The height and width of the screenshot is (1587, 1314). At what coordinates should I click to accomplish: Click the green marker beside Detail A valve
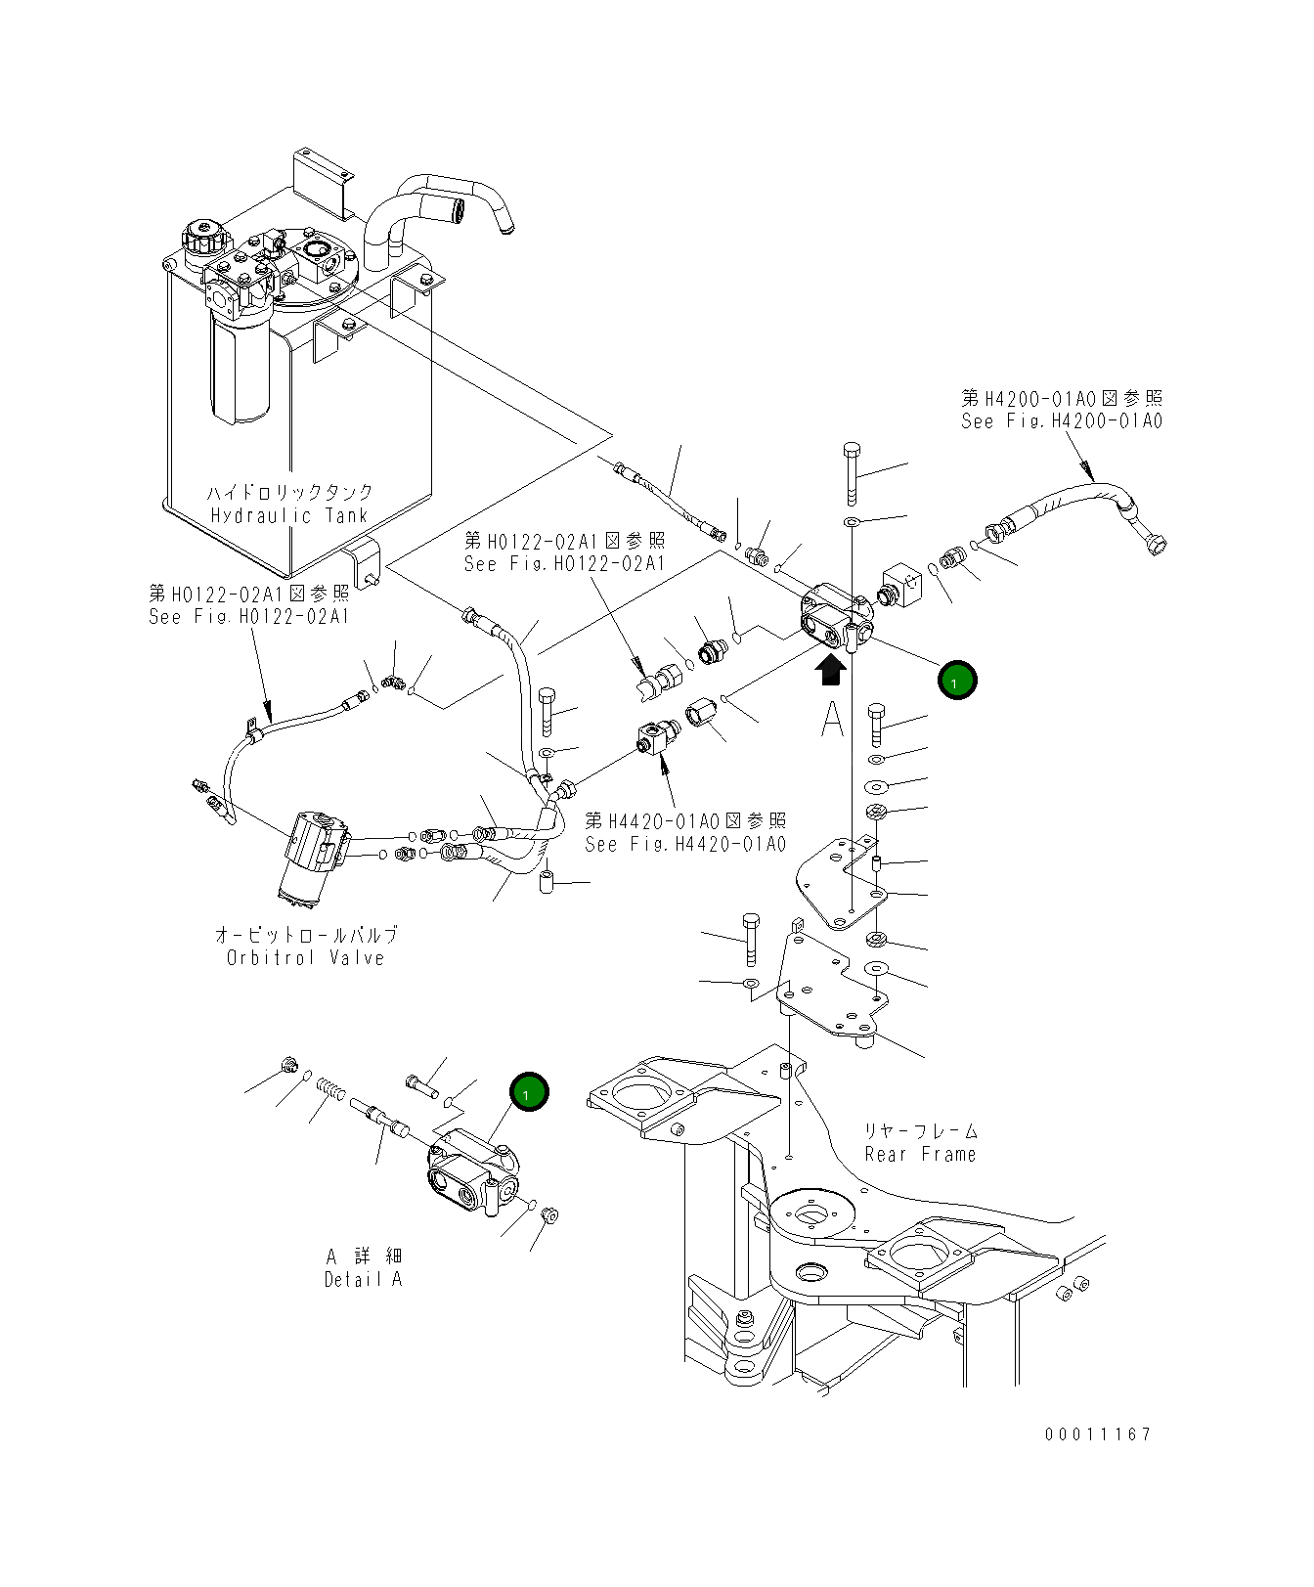pyautogui.click(x=528, y=1092)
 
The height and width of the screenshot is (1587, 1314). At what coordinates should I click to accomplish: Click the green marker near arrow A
pyautogui.click(x=956, y=680)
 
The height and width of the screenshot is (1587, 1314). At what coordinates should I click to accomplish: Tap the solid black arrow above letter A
pyautogui.click(x=831, y=671)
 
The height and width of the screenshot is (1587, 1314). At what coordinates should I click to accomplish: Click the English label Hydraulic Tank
pyautogui.click(x=289, y=516)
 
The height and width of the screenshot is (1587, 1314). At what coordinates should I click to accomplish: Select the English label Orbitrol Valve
pyautogui.click(x=305, y=958)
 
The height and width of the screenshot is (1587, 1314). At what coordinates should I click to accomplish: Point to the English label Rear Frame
pyautogui.click(x=920, y=1155)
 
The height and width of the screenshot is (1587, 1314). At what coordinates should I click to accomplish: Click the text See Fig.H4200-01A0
pyautogui.click(x=1061, y=421)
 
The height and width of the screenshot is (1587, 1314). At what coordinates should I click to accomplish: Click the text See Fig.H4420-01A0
pyautogui.click(x=685, y=844)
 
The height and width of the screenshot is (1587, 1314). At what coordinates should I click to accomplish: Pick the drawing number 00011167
pyautogui.click(x=1098, y=1434)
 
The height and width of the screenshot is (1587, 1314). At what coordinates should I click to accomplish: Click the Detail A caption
pyautogui.click(x=363, y=1279)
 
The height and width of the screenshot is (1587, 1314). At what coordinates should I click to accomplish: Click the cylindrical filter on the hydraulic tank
pyautogui.click(x=238, y=368)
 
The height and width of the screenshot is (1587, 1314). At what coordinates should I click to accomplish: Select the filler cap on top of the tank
pyautogui.click(x=205, y=241)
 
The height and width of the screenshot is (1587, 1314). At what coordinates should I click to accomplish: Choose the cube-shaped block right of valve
pyautogui.click(x=905, y=586)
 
